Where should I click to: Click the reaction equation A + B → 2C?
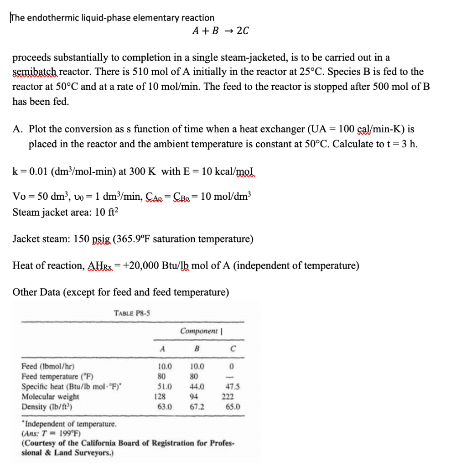pyautogui.click(x=220, y=31)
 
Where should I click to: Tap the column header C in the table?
pyautogui.click(x=233, y=349)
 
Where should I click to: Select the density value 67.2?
pyautogui.click(x=197, y=406)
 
